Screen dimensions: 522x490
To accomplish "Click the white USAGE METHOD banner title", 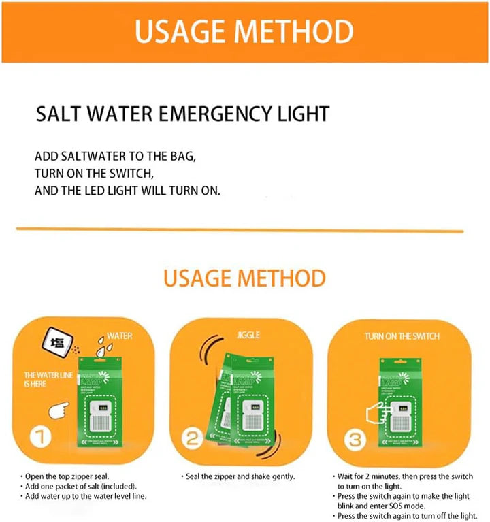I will coord(244,31).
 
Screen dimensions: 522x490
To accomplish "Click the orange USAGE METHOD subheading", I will coord(244,278).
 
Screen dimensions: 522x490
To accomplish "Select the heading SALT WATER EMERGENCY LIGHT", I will coord(182,114).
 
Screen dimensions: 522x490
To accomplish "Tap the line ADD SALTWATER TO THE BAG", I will coord(116,156).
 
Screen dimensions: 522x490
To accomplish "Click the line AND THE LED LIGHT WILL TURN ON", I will coord(128,191).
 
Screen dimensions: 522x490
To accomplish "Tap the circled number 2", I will coord(193,439).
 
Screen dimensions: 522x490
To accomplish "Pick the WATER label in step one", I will coord(119,336).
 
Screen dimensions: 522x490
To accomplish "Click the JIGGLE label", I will coord(248,336).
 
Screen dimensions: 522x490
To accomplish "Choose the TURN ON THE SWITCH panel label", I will coord(402,336).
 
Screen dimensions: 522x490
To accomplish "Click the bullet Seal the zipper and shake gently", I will coord(242,476).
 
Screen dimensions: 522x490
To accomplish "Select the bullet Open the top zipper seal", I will coord(68,476).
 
